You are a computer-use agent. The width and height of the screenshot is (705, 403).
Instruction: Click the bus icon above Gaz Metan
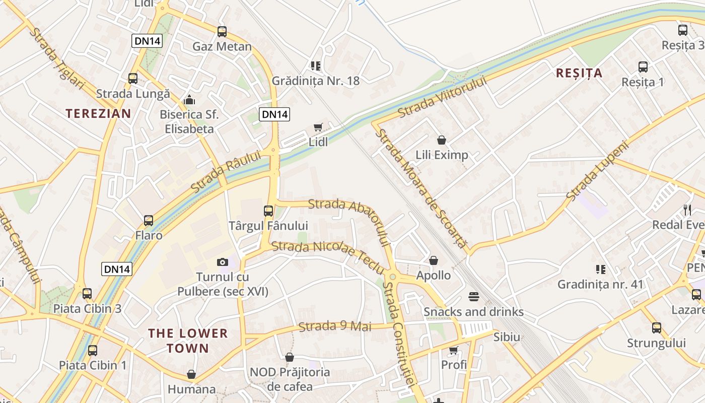pyautogui.click(x=222, y=32)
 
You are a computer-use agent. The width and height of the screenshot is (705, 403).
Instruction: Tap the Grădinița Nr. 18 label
pyautogui.click(x=316, y=81)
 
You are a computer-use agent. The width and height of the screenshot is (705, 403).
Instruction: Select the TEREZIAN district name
pyautogui.click(x=98, y=113)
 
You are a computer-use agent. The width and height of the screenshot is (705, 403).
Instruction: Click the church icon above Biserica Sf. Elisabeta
pyautogui.click(x=189, y=100)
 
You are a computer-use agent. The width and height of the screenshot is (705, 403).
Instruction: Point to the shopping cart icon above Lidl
pyautogui.click(x=318, y=127)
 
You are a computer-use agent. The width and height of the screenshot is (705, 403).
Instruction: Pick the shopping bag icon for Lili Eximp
pyautogui.click(x=442, y=140)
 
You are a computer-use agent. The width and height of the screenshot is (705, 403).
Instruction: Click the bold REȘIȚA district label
pyautogui.click(x=579, y=73)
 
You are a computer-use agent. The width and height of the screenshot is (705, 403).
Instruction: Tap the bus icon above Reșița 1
pyautogui.click(x=643, y=67)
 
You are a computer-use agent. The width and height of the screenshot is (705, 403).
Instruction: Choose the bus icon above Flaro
pyautogui.click(x=149, y=221)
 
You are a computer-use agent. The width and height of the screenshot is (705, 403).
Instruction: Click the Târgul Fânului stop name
pyautogui.click(x=268, y=225)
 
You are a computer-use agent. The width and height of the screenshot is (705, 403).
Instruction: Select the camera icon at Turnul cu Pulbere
pyautogui.click(x=223, y=262)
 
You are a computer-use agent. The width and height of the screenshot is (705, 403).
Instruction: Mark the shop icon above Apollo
pyautogui.click(x=434, y=260)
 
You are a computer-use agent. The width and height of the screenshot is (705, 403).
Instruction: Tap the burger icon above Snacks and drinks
pyautogui.click(x=473, y=296)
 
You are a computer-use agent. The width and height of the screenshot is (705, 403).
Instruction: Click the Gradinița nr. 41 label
pyautogui.click(x=600, y=284)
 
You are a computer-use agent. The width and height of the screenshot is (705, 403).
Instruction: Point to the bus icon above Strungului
pyautogui.click(x=657, y=328)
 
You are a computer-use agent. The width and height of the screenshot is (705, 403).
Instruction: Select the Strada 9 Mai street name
pyautogui.click(x=335, y=326)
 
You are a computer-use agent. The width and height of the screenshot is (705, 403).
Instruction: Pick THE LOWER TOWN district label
pyautogui.click(x=188, y=341)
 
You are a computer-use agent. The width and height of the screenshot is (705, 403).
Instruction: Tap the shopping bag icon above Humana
pyautogui.click(x=191, y=374)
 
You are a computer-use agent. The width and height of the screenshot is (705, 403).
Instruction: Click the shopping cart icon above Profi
pyautogui.click(x=454, y=350)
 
